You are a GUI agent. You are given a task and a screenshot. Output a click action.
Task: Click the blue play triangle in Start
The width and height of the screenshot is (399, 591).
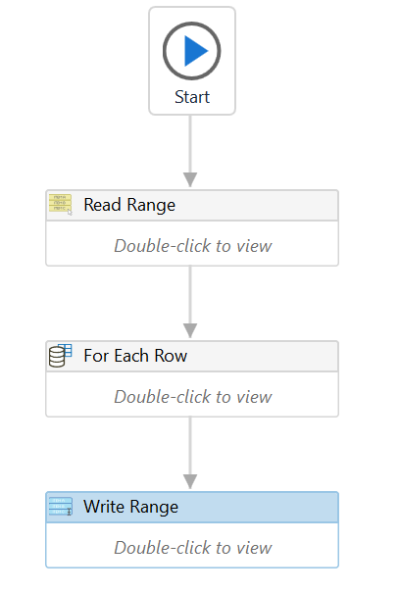[194, 51]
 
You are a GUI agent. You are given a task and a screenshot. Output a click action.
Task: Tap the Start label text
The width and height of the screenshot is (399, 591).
[192, 97]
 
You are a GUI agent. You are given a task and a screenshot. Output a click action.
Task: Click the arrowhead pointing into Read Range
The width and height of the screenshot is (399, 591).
[190, 179]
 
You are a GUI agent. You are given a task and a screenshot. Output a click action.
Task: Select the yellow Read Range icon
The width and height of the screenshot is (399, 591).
[61, 204]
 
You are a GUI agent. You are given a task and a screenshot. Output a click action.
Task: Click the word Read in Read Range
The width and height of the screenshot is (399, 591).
[103, 205]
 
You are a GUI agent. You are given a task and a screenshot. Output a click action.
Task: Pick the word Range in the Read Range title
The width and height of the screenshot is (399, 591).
[151, 206]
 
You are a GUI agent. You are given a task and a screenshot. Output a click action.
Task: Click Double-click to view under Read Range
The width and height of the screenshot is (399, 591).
[193, 246]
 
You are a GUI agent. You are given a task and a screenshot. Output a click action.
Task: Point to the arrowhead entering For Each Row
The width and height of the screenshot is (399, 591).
[190, 330]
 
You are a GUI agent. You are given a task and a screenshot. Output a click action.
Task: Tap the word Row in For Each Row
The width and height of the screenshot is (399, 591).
[171, 356]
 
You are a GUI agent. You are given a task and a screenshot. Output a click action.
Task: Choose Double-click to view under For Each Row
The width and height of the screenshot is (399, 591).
[193, 397]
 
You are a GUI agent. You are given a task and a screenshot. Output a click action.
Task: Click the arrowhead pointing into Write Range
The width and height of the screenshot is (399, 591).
[190, 481]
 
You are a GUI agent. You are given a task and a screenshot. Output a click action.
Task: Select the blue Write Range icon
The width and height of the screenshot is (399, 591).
[61, 506]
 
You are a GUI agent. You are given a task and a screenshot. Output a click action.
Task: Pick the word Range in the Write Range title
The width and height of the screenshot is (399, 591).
[154, 508]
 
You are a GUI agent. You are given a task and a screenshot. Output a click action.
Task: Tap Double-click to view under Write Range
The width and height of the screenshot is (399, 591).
[193, 547]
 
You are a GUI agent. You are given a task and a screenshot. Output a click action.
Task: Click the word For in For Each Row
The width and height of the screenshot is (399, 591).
[96, 356]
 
